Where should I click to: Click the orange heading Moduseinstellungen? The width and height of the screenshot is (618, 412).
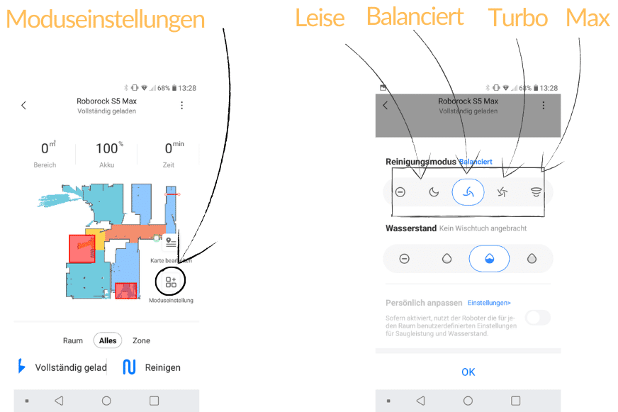(105, 19)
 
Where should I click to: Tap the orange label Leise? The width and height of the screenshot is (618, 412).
(320, 18)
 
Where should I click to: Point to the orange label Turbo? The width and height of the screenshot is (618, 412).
(519, 18)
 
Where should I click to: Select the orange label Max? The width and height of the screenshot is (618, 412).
(588, 18)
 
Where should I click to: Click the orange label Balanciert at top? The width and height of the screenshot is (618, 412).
(415, 16)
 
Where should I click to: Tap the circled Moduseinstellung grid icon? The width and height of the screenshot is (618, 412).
(170, 282)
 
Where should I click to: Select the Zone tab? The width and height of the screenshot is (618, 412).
(141, 340)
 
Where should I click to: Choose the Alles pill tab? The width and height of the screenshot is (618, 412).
(108, 340)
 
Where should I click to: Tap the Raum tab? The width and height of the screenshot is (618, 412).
(73, 340)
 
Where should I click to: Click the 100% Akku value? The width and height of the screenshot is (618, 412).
(106, 149)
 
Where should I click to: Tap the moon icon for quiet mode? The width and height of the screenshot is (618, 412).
(434, 191)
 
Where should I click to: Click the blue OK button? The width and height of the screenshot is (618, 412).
(468, 372)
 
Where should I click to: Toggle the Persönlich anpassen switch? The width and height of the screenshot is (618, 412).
(537, 318)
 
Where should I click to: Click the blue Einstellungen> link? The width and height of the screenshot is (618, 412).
(489, 303)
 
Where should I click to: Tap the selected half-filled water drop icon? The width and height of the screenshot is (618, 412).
(489, 259)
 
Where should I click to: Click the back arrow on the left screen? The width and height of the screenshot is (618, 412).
(23, 105)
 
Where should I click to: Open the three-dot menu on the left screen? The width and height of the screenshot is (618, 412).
(182, 105)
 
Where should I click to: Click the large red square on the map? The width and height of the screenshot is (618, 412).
(82, 249)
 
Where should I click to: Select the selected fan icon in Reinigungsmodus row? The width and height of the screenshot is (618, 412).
(468, 191)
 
